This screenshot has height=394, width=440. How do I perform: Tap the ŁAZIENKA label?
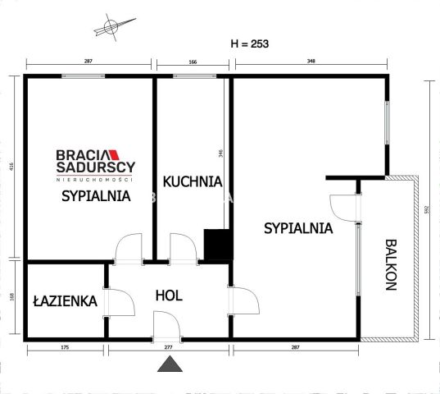click(65, 301)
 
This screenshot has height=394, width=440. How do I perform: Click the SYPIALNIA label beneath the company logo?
click(97, 196)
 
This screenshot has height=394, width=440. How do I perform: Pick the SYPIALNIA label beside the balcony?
click(298, 229)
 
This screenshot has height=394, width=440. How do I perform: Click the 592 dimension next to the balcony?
click(427, 208)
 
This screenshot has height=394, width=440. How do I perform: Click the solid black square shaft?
click(216, 245)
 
